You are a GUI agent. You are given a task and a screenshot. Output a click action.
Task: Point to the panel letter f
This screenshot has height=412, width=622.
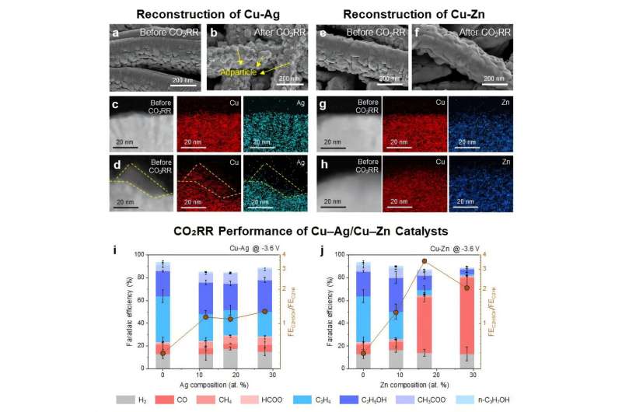tap(417, 32)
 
